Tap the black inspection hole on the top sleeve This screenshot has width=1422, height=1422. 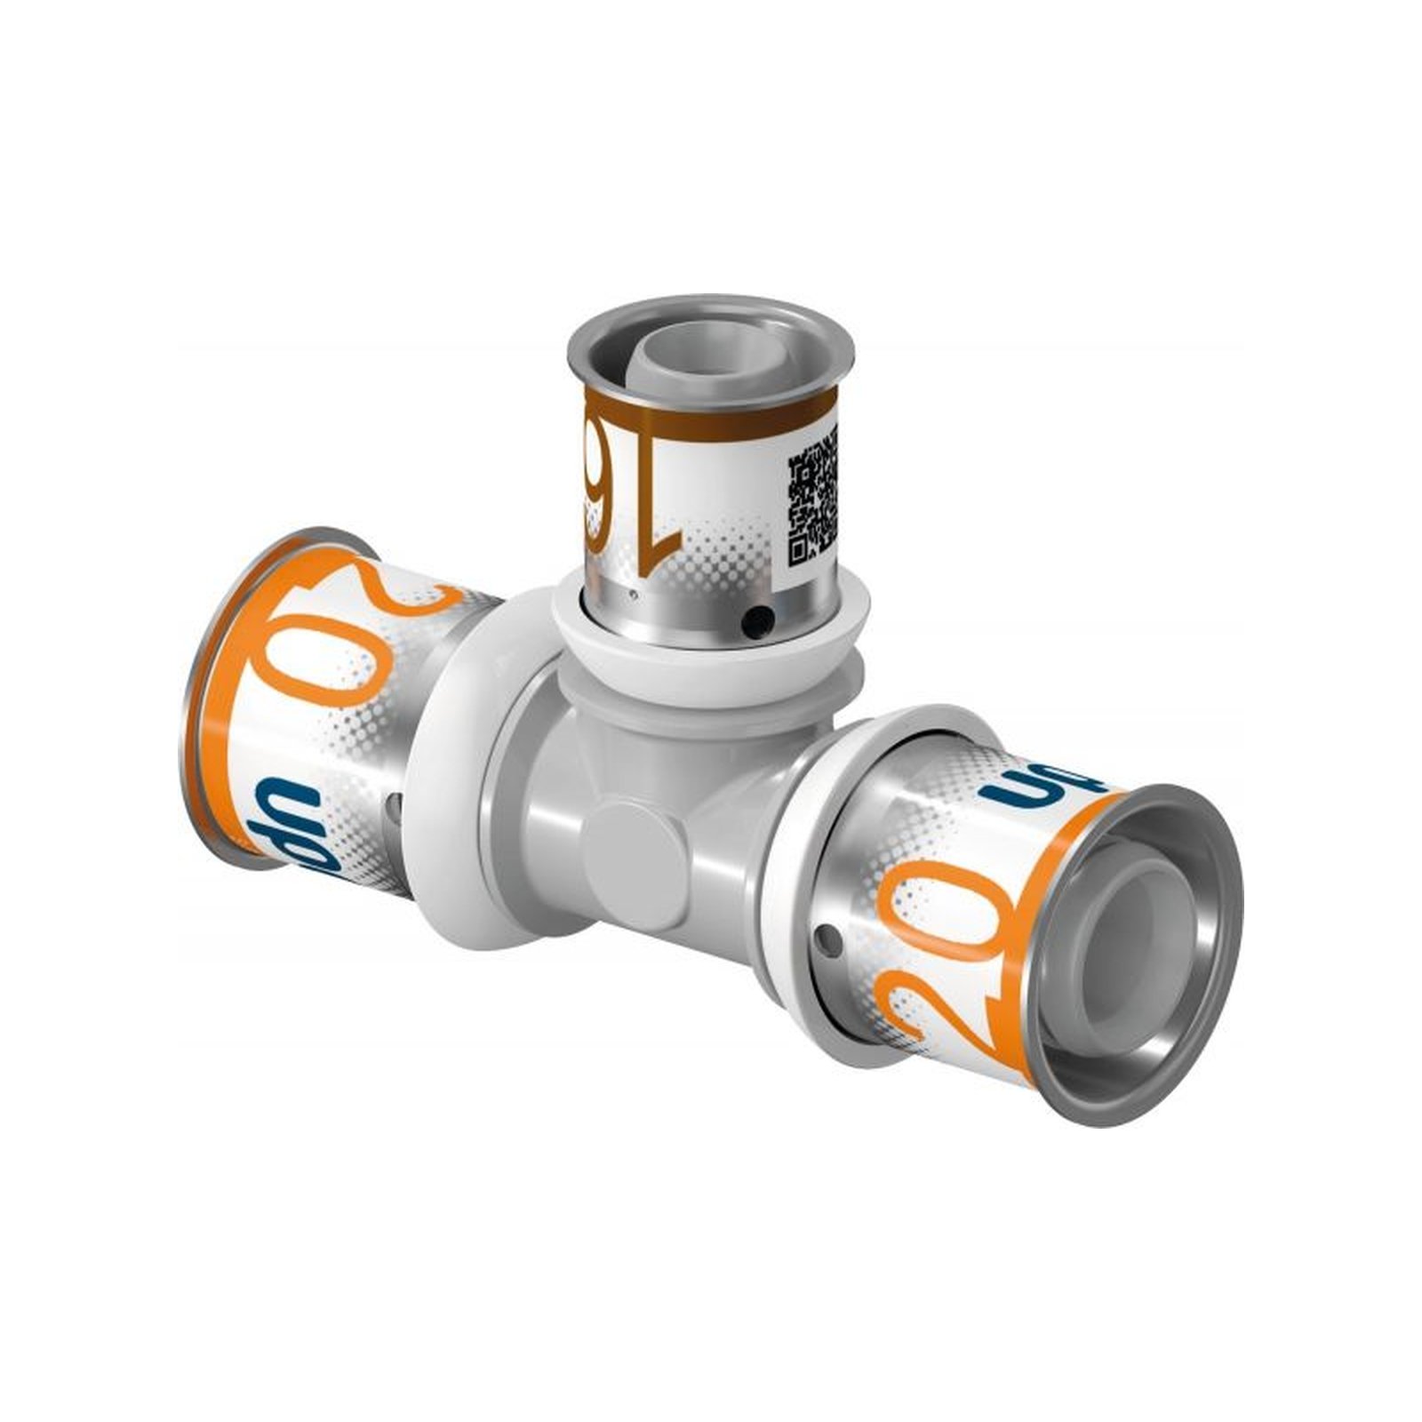(756, 616)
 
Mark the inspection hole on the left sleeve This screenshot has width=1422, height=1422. (393, 804)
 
